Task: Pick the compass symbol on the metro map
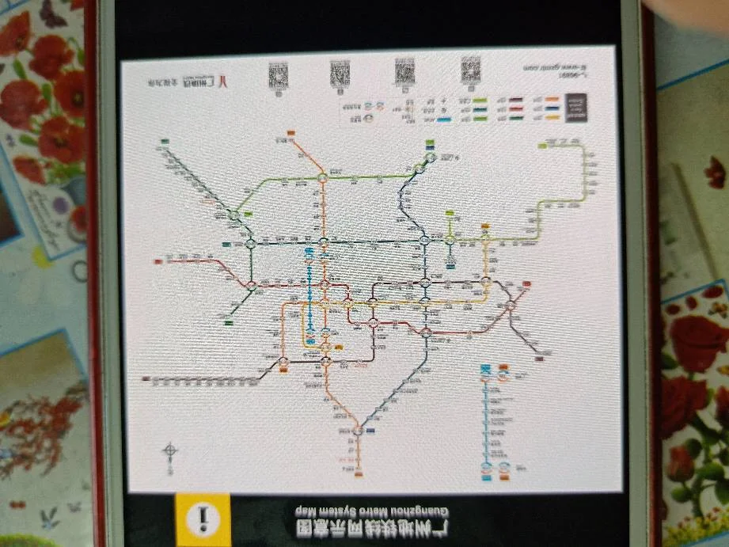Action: [170, 454]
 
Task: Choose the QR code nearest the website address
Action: [471, 73]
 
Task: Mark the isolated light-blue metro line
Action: [485, 420]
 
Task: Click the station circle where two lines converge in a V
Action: [358, 431]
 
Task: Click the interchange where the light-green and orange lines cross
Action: [323, 178]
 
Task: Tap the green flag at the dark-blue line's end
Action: [430, 145]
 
